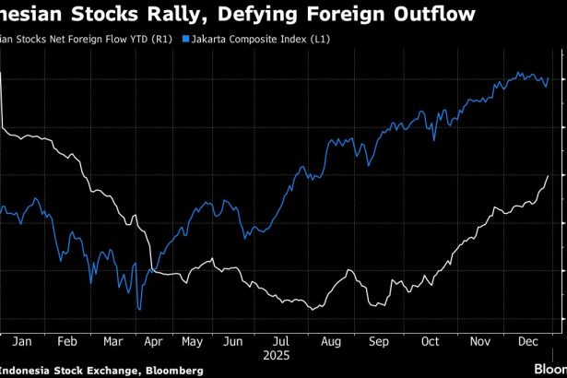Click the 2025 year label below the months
tap(276, 353)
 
